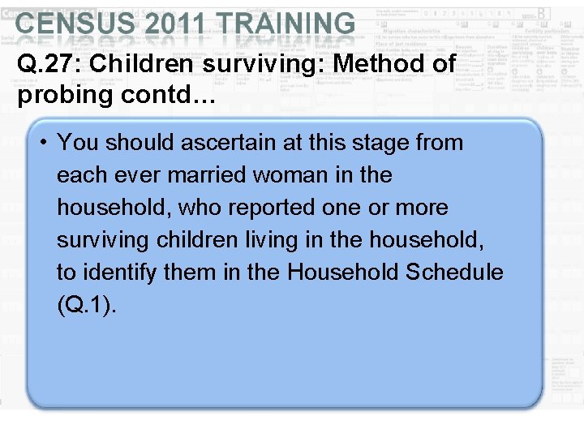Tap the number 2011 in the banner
point(172,24)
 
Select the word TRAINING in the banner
point(288,24)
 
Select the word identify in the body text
point(120,273)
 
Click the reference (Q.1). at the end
point(87,306)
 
